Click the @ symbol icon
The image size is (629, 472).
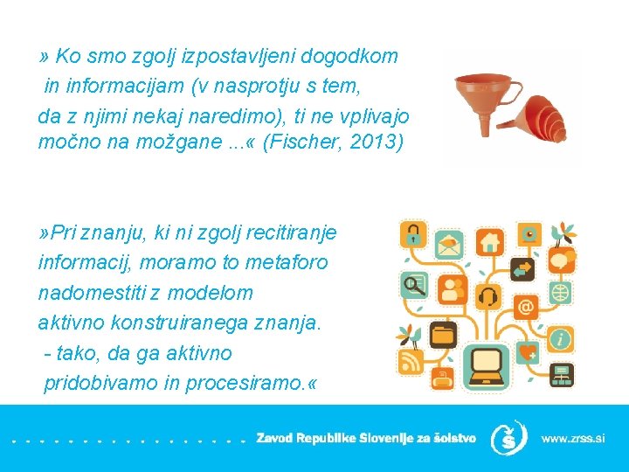pyautogui.click(x=526, y=307)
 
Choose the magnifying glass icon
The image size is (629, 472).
pyautogui.click(x=413, y=285)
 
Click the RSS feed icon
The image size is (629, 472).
pyautogui.click(x=410, y=360)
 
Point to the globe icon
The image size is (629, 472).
pyautogui.click(x=560, y=291)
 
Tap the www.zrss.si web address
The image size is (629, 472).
pyautogui.click(x=572, y=438)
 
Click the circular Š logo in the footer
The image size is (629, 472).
pyautogui.click(x=508, y=438)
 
